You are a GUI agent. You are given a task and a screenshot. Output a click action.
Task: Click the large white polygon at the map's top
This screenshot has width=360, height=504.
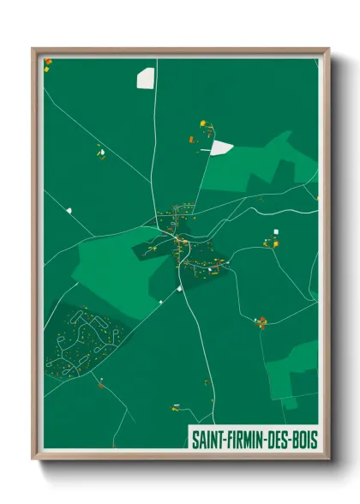pyautogui.click(x=146, y=78)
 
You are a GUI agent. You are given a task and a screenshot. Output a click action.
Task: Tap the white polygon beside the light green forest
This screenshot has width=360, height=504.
pyautogui.click(x=221, y=147)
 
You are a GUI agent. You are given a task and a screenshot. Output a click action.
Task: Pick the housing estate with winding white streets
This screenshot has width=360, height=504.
pyautogui.click(x=83, y=341)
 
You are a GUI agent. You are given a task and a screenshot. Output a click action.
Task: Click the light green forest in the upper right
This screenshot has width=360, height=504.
pyautogui.click(x=261, y=170)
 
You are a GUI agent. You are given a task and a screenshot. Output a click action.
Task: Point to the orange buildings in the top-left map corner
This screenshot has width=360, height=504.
pyautogui.click(x=48, y=63)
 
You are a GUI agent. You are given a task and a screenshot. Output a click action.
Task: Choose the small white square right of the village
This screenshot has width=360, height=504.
pyautogui.click(x=276, y=231)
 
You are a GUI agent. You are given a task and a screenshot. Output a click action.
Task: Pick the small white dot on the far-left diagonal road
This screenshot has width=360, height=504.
pyautogui.click(x=68, y=208)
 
